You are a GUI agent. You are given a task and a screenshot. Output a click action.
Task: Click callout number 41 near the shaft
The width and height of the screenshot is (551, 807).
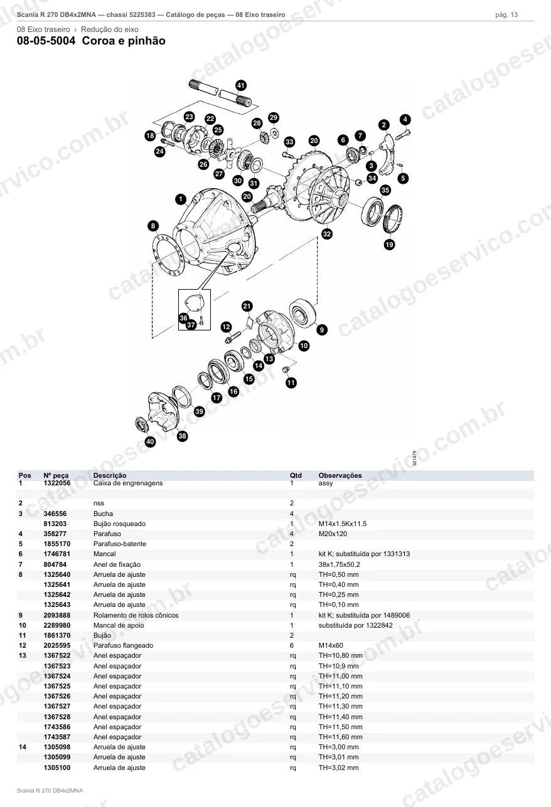tap(241, 85)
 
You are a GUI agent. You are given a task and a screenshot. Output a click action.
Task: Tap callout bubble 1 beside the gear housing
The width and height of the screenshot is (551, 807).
tap(181, 199)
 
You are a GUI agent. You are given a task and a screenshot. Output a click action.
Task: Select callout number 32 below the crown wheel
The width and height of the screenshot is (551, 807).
tap(327, 234)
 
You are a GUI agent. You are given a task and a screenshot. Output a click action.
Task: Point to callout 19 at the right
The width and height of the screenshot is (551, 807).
tap(390, 245)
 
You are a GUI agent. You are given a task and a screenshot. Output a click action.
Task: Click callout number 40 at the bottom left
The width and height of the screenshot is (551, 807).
tap(150, 441)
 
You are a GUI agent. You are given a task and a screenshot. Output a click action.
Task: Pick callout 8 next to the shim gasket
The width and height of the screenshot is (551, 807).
tap(153, 226)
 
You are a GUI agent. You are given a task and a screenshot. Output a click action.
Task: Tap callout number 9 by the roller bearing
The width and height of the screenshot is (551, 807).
tap(322, 329)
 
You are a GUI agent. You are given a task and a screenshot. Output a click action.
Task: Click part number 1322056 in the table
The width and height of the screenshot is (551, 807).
tap(57, 483)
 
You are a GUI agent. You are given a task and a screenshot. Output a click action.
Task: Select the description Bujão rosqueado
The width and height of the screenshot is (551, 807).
tap(119, 524)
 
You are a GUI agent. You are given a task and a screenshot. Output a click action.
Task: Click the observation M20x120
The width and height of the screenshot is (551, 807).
tap(333, 534)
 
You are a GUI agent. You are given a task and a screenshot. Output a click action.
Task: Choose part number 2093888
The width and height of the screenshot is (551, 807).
tap(57, 615)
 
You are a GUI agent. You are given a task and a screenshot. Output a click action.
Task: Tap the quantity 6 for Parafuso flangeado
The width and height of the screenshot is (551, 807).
tap(292, 646)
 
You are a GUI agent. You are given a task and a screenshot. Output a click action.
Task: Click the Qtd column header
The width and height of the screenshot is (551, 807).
tap(296, 475)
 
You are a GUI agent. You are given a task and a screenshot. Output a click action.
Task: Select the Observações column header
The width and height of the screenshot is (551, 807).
tap(340, 475)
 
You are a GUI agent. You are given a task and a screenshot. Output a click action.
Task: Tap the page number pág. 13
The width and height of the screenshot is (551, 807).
tap(506, 15)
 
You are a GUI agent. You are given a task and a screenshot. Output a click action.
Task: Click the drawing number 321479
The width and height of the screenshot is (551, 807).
tap(414, 458)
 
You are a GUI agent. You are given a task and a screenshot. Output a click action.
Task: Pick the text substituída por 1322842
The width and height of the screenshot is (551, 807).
tap(356, 625)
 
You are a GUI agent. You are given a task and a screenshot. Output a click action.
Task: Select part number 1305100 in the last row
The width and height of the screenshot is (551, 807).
tap(57, 767)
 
